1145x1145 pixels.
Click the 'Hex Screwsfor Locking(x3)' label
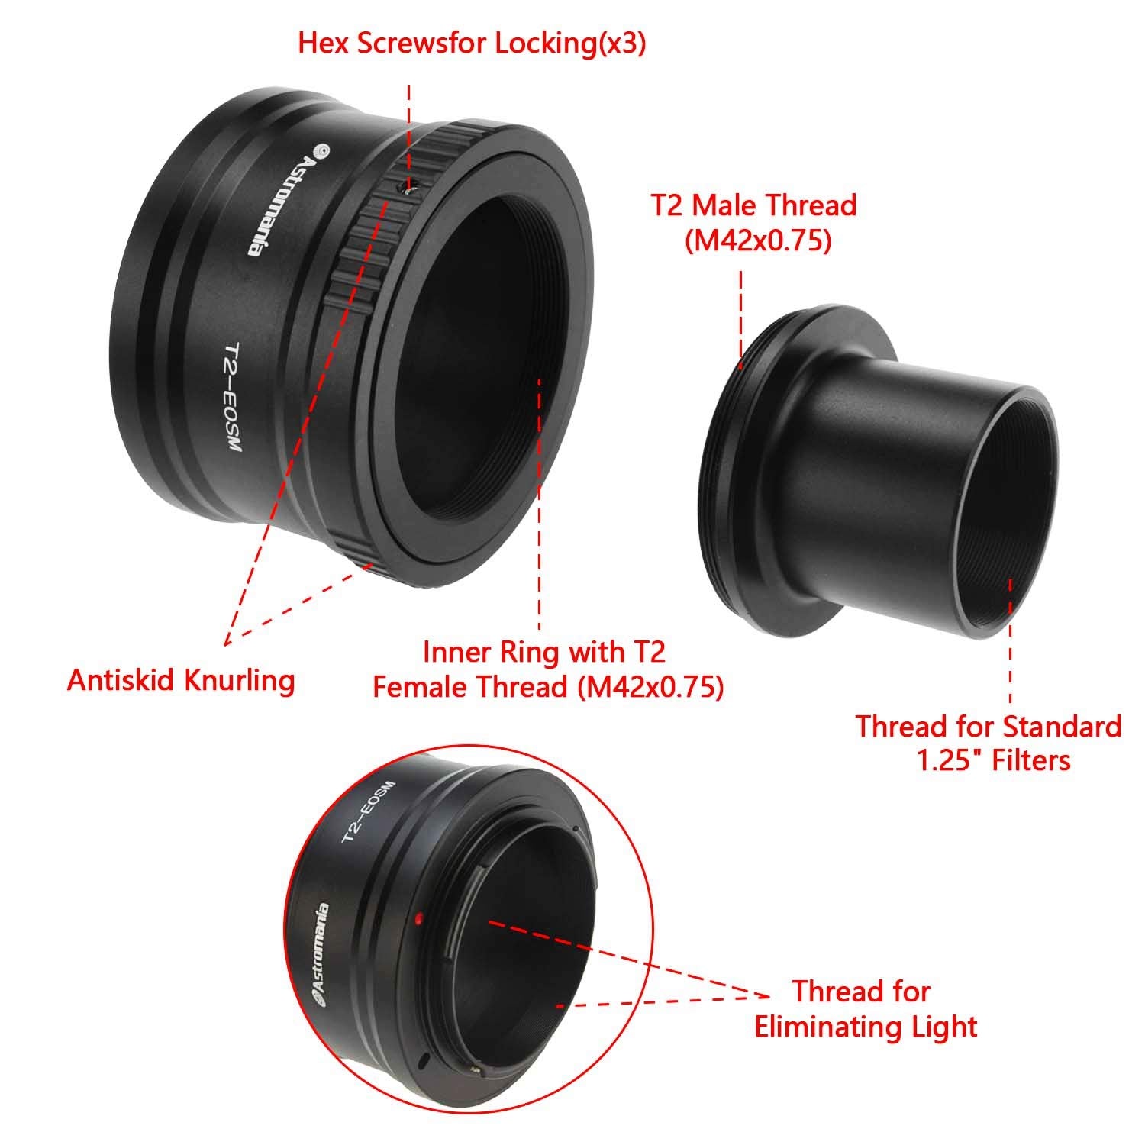(472, 44)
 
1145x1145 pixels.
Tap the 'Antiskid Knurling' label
(181, 679)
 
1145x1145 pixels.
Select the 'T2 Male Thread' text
(753, 205)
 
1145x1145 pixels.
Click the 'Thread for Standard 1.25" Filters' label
(988, 743)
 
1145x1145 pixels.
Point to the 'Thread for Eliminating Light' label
(866, 1008)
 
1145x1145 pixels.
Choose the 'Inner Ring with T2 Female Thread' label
(547, 669)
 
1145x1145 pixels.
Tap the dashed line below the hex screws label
(409, 130)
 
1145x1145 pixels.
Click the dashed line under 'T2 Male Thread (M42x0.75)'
(740, 313)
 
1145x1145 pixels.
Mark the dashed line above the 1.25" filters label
(1011, 641)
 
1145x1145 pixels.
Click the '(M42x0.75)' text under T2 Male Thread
(756, 241)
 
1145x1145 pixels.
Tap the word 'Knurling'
(238, 679)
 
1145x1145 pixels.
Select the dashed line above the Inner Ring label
(540, 504)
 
